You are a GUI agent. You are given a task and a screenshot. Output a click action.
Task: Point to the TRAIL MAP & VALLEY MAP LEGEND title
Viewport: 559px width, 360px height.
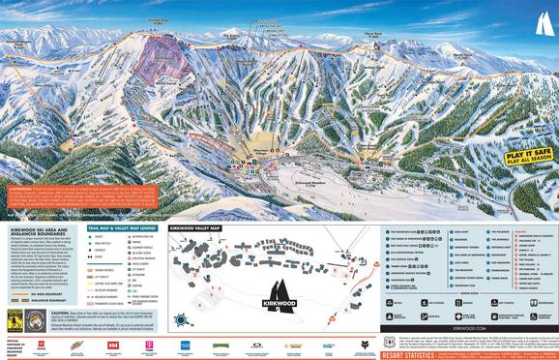tap(119, 201)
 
